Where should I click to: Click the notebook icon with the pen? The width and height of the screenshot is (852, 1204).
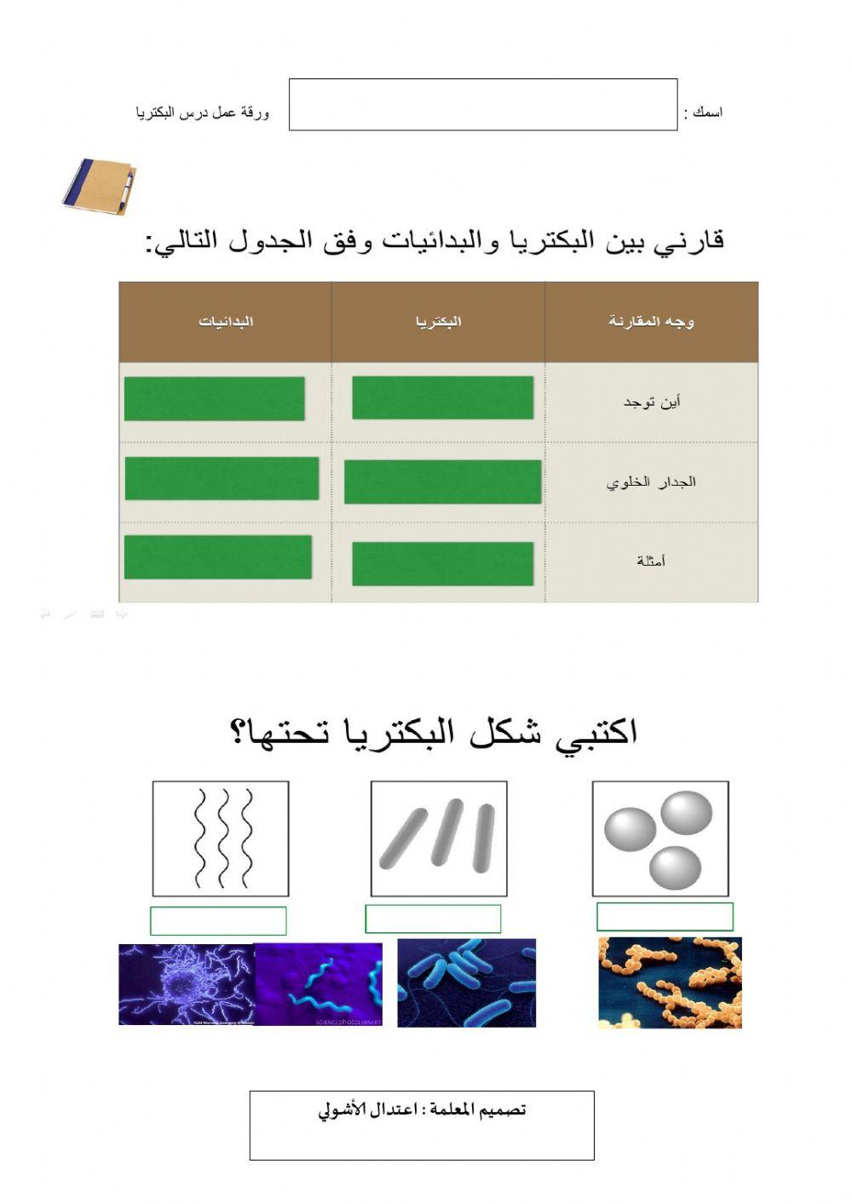tap(99, 184)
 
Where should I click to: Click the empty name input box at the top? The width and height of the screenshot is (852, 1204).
tap(482, 105)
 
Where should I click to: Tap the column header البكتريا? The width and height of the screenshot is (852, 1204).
tap(439, 321)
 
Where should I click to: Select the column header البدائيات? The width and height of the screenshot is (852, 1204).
tap(226, 321)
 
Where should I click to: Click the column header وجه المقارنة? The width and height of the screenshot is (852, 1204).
tap(651, 321)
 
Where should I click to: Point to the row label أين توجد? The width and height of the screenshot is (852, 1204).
tap(652, 401)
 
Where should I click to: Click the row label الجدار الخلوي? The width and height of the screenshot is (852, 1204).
tap(651, 482)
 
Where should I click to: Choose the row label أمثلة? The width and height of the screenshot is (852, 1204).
tap(651, 561)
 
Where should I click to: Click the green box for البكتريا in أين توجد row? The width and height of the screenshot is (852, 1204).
tap(442, 398)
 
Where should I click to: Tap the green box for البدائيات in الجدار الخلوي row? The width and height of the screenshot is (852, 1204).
tap(222, 478)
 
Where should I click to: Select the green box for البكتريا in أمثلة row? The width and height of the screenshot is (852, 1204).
tap(442, 564)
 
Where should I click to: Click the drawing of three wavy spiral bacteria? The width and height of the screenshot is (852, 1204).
tap(221, 838)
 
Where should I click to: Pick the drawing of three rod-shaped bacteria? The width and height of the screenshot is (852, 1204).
tap(439, 838)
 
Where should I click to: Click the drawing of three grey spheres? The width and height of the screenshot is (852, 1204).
tap(660, 838)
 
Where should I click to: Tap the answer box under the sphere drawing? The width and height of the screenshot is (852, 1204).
tap(665, 917)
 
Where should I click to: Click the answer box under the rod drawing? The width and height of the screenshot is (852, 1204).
tap(433, 919)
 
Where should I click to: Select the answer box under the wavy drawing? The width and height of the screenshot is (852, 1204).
tap(218, 920)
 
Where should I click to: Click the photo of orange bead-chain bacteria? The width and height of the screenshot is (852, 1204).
tap(670, 982)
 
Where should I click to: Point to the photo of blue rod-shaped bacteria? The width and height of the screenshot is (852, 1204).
tap(466, 982)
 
